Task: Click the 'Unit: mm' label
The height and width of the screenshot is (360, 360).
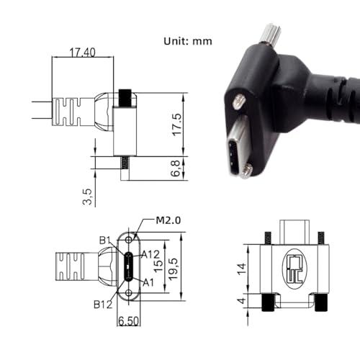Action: click(x=188, y=41)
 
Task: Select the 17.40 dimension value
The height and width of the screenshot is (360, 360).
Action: click(x=82, y=53)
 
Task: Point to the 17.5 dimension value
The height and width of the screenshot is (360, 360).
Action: click(x=177, y=125)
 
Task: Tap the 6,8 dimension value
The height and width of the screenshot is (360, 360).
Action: click(x=175, y=168)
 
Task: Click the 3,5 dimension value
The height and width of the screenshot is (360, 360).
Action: click(x=87, y=197)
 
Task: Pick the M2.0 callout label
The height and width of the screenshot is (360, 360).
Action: click(x=168, y=220)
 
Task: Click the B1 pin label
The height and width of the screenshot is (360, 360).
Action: click(x=105, y=240)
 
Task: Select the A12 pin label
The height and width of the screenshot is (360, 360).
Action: click(x=150, y=255)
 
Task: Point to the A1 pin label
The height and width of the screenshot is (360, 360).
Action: click(x=148, y=283)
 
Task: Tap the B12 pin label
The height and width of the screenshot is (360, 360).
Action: click(x=103, y=305)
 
